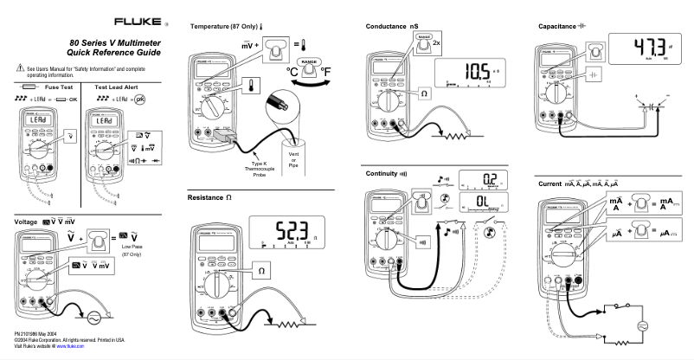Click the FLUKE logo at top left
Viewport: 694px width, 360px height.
[x=134, y=20]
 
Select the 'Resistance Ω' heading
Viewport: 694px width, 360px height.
[x=212, y=198]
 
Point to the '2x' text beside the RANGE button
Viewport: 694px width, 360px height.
[x=437, y=43]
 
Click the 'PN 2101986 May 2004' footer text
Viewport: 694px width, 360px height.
[x=43, y=332]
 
